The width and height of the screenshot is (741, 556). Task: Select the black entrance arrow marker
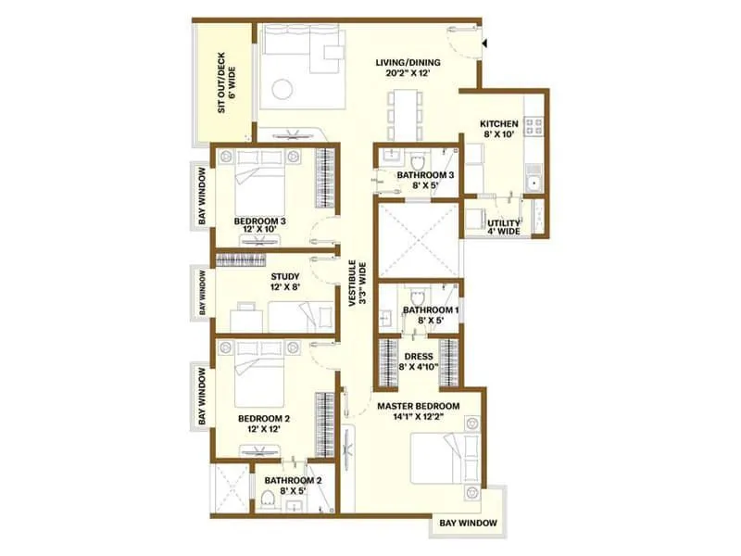(x=484, y=42)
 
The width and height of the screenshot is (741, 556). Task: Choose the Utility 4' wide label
(x=503, y=227)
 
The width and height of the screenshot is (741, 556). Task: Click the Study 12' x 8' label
(x=283, y=281)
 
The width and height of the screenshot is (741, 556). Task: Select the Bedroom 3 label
(x=259, y=225)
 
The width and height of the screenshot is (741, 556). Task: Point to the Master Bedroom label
(x=417, y=411)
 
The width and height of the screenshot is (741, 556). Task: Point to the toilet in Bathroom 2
(x=269, y=501)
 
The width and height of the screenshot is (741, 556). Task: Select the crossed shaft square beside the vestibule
(x=416, y=237)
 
